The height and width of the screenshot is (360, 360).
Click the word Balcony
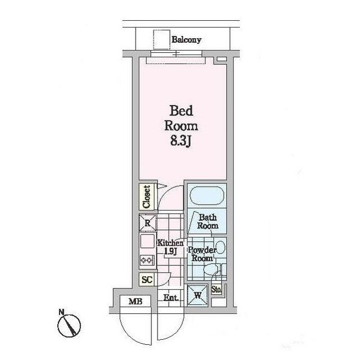pyautogui.click(x=186, y=40)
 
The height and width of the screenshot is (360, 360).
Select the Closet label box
pyautogui.click(x=146, y=197)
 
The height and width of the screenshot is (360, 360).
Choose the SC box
pyautogui.click(x=147, y=280)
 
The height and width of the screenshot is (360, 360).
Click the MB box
pyautogui.click(x=135, y=301)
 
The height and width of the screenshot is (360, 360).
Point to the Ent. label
pyautogui.click(x=171, y=298)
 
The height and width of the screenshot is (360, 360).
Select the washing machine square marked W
pyautogui.click(x=198, y=295)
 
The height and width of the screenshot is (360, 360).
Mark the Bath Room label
pyautogui.click(x=208, y=221)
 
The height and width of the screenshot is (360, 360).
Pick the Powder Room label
pyautogui.click(x=201, y=254)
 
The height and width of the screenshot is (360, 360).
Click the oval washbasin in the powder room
pyautogui.click(x=220, y=246)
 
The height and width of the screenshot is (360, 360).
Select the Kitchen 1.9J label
pyautogui.click(x=170, y=247)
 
